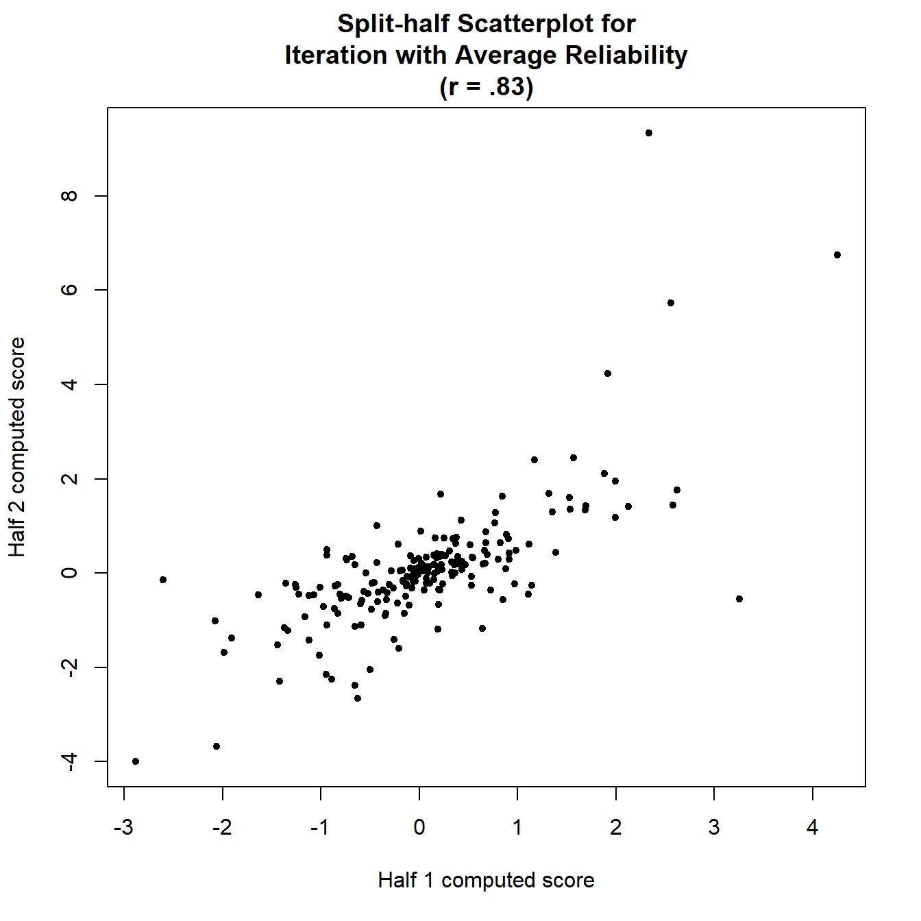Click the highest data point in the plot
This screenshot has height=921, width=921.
click(x=649, y=133)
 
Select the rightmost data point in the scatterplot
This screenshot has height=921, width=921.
click(x=837, y=255)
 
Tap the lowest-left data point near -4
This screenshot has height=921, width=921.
click(x=136, y=761)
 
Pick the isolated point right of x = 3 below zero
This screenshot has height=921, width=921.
click(x=739, y=599)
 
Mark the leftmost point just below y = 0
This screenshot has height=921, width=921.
click(x=163, y=580)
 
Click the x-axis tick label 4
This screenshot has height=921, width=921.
click(x=812, y=828)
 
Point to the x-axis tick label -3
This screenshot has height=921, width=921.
click(x=123, y=828)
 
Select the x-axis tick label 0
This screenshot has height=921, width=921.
click(x=419, y=828)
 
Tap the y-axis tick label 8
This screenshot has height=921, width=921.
click(x=69, y=196)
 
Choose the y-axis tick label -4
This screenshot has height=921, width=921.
click(x=69, y=761)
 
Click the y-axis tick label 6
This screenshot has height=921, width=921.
click(x=69, y=290)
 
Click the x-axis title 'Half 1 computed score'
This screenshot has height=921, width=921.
click(x=486, y=881)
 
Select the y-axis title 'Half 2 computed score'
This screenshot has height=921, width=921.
click(x=17, y=447)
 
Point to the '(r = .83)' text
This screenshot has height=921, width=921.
click(x=487, y=87)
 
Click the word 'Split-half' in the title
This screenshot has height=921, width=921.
click(x=393, y=24)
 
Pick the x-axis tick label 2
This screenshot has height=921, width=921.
click(x=616, y=828)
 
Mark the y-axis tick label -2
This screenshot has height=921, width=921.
click(x=69, y=666)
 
